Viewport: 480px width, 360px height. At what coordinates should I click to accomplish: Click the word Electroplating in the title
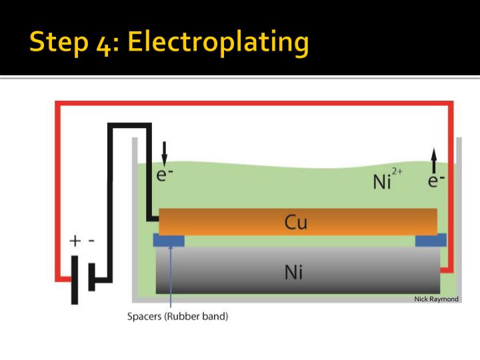(x=219, y=43)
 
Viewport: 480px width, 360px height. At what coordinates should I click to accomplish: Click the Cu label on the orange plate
(x=296, y=221)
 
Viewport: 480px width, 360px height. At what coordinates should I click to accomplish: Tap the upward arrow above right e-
(x=434, y=161)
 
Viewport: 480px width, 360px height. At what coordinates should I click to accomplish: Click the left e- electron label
(x=164, y=175)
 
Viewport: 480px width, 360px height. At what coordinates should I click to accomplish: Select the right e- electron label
(x=437, y=180)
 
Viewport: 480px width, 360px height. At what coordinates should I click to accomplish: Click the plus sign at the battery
(x=75, y=241)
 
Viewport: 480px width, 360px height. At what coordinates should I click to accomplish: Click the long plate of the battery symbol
(x=75, y=279)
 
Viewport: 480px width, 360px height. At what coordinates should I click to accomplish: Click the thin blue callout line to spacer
(x=171, y=280)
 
